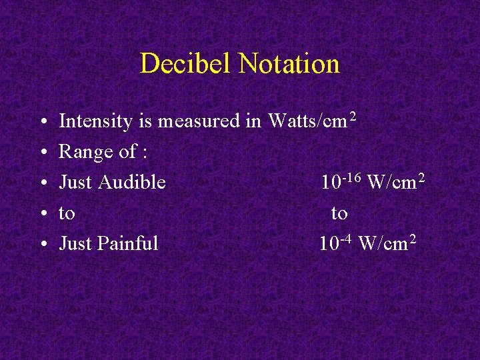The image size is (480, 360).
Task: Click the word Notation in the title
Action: click(x=289, y=64)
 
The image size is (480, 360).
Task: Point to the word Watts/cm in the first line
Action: click(x=307, y=121)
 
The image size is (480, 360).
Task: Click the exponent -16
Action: click(x=352, y=177)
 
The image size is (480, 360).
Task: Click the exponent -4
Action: click(x=347, y=239)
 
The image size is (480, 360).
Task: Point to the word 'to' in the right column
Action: click(x=339, y=213)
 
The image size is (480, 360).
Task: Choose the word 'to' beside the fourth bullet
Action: click(x=67, y=213)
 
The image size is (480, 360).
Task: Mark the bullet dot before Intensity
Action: click(x=42, y=122)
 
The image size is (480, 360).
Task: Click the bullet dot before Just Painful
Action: click(x=42, y=244)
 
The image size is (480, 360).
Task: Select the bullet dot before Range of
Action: click(x=42, y=153)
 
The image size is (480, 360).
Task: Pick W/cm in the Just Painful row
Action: click(x=383, y=243)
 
